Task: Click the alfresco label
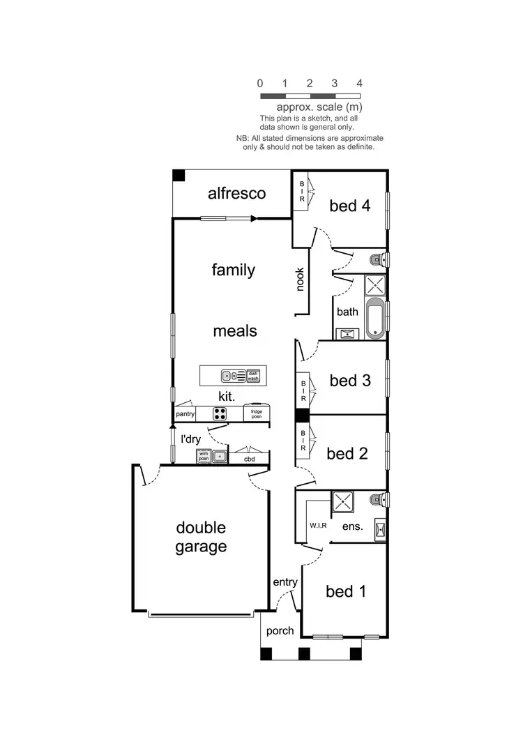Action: [x=236, y=194]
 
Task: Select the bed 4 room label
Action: [x=349, y=206]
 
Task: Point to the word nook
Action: [x=301, y=280]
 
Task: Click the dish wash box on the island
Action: [x=252, y=376]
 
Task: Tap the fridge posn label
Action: [x=256, y=414]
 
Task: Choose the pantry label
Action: [x=185, y=414]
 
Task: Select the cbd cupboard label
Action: [x=249, y=459]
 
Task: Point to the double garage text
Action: [x=201, y=538]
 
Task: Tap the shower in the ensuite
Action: [x=342, y=502]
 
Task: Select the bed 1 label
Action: [x=346, y=592]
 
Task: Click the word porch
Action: [x=280, y=631]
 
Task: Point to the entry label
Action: [x=285, y=582]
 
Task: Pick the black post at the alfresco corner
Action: [x=179, y=176]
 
